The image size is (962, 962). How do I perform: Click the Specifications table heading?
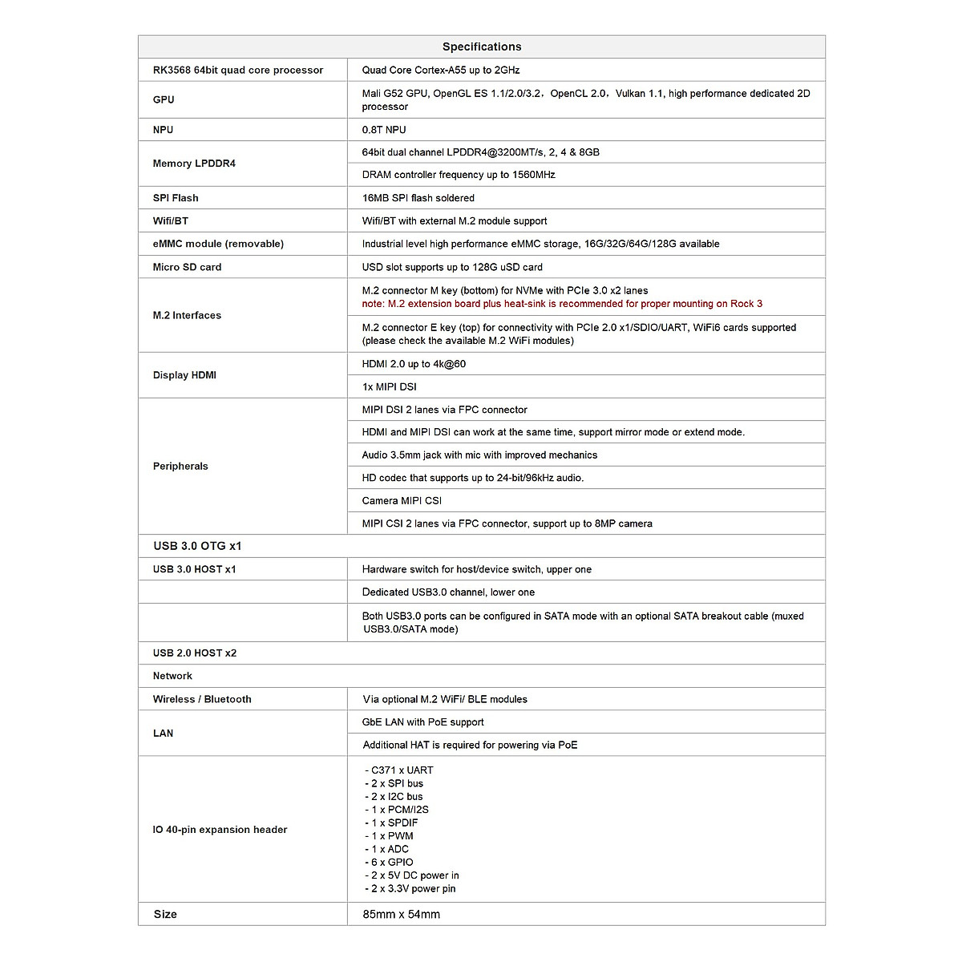point(481,46)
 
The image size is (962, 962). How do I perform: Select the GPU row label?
point(164,99)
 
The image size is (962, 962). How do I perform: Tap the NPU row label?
point(163,129)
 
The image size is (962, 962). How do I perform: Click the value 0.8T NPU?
point(384,129)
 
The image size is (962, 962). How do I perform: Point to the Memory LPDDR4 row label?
point(194,163)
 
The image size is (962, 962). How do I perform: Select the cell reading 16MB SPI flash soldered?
point(418,197)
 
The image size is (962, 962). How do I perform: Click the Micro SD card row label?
point(187,267)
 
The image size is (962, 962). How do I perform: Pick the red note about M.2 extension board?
point(562,304)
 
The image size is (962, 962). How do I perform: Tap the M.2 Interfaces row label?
point(187,315)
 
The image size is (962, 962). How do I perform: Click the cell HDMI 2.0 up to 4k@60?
point(414,364)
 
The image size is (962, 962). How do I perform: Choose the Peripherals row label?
point(180,466)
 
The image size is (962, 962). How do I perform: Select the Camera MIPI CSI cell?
point(402,500)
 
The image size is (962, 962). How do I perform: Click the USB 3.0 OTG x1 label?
point(197,546)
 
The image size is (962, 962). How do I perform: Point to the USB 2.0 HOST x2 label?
point(195,653)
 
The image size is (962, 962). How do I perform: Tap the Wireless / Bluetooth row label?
point(202,699)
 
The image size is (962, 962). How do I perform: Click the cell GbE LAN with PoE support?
point(422,721)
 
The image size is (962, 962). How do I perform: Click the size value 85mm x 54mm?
point(401,914)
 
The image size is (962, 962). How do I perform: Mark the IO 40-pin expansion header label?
point(220,830)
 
